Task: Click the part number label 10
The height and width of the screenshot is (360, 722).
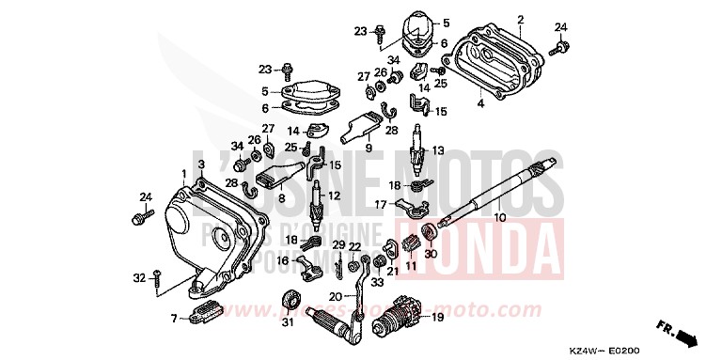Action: (x=499, y=218)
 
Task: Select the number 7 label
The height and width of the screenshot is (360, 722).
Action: (x=173, y=318)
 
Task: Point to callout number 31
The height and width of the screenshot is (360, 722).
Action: (x=288, y=325)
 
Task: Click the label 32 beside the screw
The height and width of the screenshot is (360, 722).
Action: (x=137, y=277)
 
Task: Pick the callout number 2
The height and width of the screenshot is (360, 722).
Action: (x=520, y=18)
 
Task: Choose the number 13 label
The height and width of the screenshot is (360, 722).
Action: (x=438, y=149)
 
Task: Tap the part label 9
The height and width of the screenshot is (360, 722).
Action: (x=369, y=148)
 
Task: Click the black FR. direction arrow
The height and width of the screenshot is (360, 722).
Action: (x=691, y=336)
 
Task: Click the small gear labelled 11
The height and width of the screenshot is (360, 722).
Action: (x=410, y=246)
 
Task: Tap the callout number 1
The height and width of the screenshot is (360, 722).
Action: (x=183, y=173)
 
